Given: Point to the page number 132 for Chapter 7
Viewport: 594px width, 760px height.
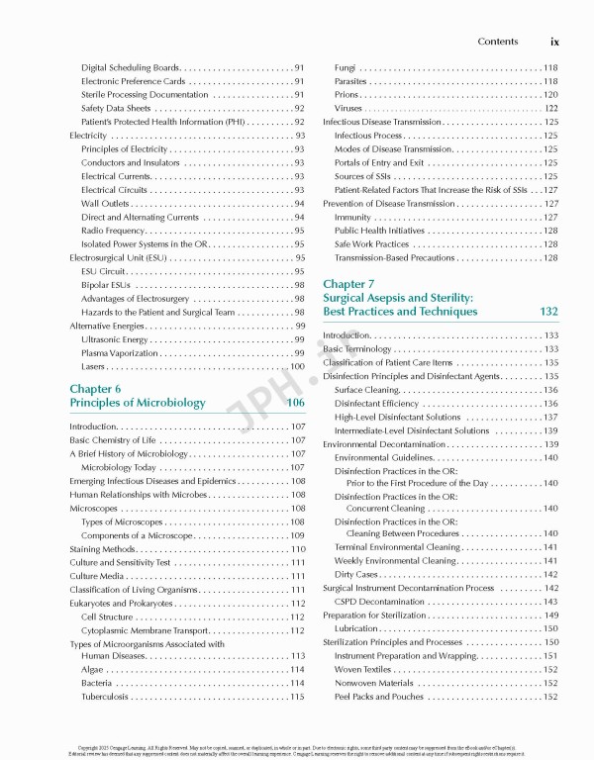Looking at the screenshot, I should tap(549, 311).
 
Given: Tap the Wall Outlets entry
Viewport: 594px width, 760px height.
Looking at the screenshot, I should tap(106, 203).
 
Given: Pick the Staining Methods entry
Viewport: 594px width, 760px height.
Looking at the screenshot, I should tap(102, 548).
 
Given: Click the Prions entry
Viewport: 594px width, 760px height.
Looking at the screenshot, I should tap(347, 94).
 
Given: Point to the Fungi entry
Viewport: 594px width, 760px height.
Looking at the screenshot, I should tap(346, 67).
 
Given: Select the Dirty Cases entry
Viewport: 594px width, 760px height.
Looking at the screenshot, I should tap(356, 574).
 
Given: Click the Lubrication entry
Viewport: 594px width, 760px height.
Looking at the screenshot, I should tap(356, 628).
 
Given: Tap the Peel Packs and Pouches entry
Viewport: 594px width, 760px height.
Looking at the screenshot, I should tap(379, 697).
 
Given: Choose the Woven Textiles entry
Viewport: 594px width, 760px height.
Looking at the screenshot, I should tap(363, 669).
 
